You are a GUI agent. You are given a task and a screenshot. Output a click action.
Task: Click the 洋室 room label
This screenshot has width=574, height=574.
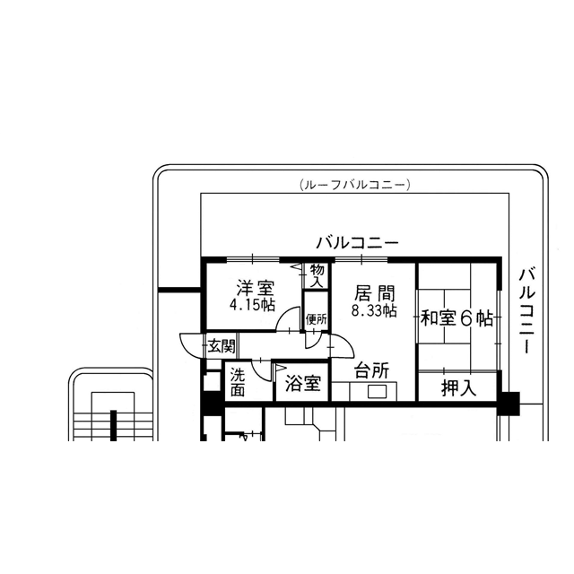pyautogui.click(x=255, y=288)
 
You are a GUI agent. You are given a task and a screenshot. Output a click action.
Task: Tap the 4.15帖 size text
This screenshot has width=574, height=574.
pyautogui.click(x=252, y=305)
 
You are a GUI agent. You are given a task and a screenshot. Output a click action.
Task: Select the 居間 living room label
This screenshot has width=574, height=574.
pyautogui.click(x=374, y=294)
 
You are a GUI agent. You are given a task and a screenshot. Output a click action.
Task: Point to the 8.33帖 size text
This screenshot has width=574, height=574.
pyautogui.click(x=374, y=311)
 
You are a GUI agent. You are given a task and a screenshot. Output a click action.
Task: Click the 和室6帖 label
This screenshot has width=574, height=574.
pyautogui.click(x=457, y=318)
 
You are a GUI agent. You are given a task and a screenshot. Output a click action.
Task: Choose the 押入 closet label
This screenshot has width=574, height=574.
pyautogui.click(x=458, y=388)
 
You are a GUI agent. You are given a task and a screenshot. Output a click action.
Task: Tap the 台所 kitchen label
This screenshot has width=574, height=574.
pyautogui.click(x=371, y=370)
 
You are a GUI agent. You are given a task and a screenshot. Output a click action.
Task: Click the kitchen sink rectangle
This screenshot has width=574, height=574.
pyautogui.click(x=377, y=392)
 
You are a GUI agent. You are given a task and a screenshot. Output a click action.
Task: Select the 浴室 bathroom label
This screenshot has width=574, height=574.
pyautogui.click(x=303, y=383)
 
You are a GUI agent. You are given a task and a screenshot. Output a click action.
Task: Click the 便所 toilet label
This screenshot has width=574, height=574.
pyautogui.click(x=317, y=319)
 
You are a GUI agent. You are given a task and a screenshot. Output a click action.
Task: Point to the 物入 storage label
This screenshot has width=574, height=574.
pyautogui.click(x=317, y=275)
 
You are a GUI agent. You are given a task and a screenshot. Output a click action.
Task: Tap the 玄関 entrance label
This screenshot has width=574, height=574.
pyautogui.click(x=222, y=346)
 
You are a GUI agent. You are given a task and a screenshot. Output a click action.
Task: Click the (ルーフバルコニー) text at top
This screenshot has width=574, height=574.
pyautogui.click(x=354, y=185)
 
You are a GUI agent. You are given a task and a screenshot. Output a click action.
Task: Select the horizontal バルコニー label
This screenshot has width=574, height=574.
pyautogui.click(x=357, y=243)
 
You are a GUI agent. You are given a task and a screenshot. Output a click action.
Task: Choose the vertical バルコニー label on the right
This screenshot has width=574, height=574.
pyautogui.click(x=527, y=311)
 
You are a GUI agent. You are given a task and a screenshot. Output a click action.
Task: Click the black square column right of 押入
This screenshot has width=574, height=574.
pyautogui.click(x=509, y=404)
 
